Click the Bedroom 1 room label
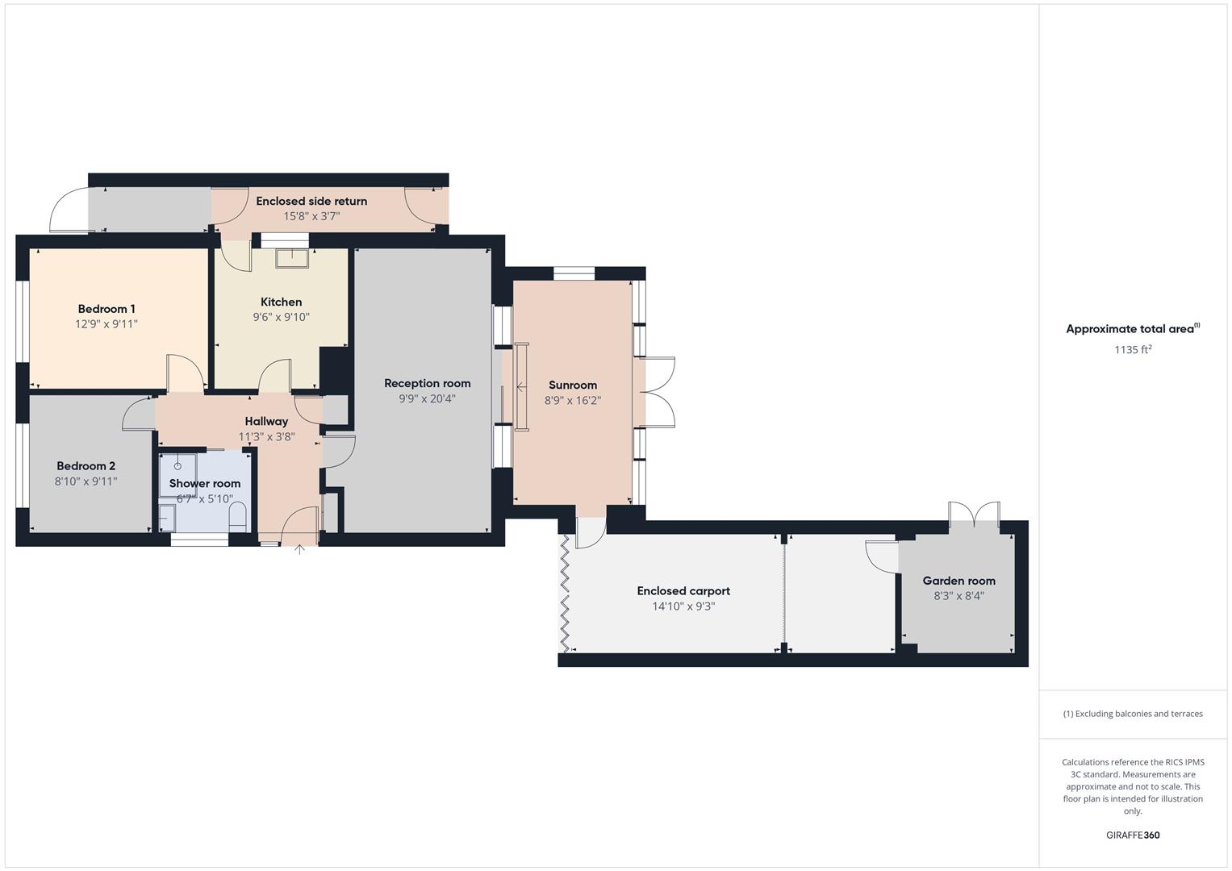pos(106,309)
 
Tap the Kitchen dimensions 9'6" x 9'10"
pos(281,317)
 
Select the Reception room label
pos(427,383)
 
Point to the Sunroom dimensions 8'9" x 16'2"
pos(573,400)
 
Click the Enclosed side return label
pos(311,201)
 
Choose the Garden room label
pos(958,581)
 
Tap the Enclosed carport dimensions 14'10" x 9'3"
pos(683,606)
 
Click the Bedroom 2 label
pos(86,466)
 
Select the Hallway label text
pos(266,421)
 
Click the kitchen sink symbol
pos(291,257)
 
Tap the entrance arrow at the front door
pos(299,550)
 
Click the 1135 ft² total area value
pos(1133,349)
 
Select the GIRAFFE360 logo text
pos(1133,835)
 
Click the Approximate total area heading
pos(1131,329)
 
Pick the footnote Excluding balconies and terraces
pos(1133,714)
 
